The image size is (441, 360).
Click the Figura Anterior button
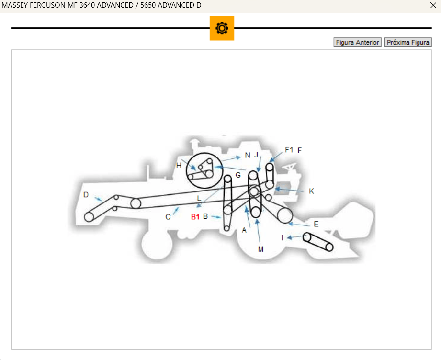358,43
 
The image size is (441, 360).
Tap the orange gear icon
222,28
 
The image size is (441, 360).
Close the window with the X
433,5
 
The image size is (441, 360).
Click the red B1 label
195,217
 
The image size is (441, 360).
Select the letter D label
86,195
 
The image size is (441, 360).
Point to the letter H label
179,165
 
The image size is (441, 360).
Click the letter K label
311,191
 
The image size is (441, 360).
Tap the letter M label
260,249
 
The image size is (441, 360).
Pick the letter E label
316,224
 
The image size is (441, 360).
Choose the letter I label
283,238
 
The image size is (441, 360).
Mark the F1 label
289,150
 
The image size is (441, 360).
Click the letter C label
168,217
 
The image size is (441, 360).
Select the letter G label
238,175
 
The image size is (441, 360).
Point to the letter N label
248,155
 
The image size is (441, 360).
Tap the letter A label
244,230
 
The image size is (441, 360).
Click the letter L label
199,199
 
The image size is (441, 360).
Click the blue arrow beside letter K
289,190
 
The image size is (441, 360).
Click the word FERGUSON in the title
47,5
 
